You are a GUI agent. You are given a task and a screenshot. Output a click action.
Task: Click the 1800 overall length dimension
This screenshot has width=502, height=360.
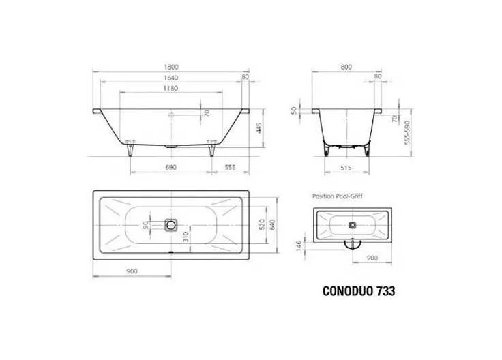171,67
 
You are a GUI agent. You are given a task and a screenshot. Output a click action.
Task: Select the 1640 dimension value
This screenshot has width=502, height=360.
171,78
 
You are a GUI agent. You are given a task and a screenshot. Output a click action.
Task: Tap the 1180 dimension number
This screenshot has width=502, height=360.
171,89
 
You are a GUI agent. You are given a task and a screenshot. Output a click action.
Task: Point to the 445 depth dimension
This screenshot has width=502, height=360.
259,128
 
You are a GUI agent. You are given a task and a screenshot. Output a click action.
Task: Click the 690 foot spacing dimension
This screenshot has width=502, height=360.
171,167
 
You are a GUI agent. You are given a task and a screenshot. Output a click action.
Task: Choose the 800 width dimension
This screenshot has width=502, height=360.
346,67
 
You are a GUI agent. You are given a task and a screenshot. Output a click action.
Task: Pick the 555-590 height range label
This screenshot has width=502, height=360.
407,132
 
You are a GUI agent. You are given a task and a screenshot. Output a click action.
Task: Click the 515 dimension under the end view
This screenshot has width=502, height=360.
346,168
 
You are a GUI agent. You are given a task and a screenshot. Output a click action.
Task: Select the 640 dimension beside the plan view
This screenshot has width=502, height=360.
272,224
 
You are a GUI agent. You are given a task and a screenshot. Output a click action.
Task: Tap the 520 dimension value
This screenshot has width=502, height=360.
262,224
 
